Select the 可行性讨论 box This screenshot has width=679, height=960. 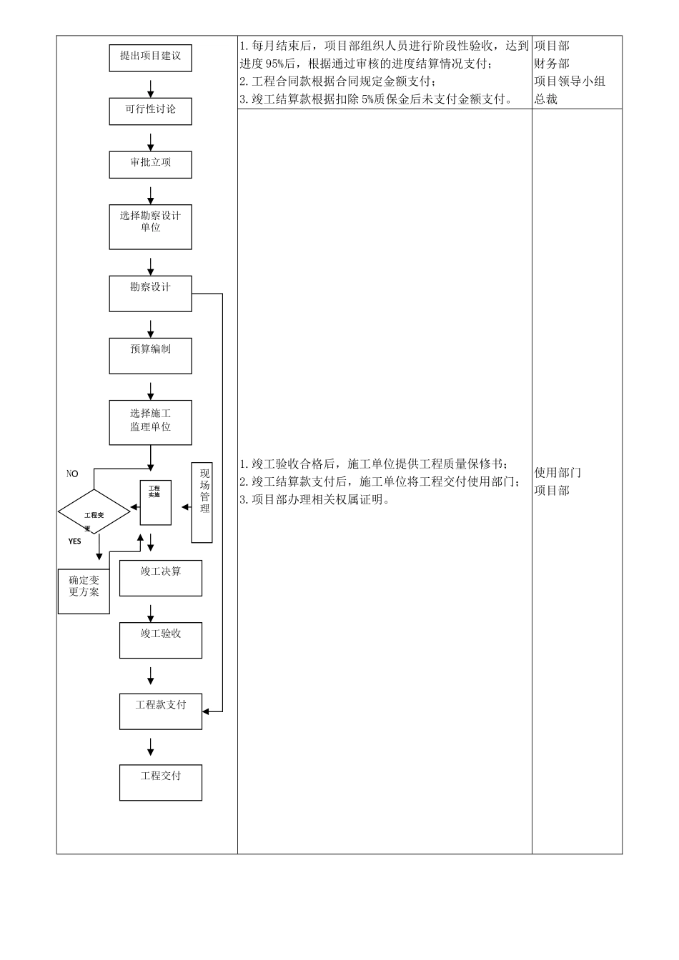click(x=150, y=111)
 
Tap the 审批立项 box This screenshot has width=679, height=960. click(x=150, y=164)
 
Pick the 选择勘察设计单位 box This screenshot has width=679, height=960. click(x=150, y=227)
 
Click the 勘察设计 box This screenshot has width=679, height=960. click(x=150, y=293)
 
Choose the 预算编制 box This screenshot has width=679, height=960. click(x=150, y=355)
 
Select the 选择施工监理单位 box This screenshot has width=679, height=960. click(x=150, y=422)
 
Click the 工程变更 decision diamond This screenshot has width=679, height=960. click(x=94, y=512)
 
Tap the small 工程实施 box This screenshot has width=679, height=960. click(x=155, y=502)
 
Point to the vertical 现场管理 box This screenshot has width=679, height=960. click(x=202, y=502)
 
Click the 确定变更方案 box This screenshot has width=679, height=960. click(x=84, y=591)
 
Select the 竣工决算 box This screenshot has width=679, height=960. click(x=161, y=578)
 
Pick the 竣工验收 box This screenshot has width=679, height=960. click(x=161, y=640)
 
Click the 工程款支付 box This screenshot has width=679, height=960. click(x=161, y=711)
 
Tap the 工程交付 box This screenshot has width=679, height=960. click(x=161, y=782)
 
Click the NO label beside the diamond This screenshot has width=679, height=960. click(x=72, y=474)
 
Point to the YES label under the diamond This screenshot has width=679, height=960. click(x=75, y=541)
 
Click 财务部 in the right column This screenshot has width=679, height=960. click(x=552, y=64)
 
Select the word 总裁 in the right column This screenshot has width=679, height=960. click(x=546, y=99)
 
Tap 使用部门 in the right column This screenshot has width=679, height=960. click(x=558, y=473)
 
